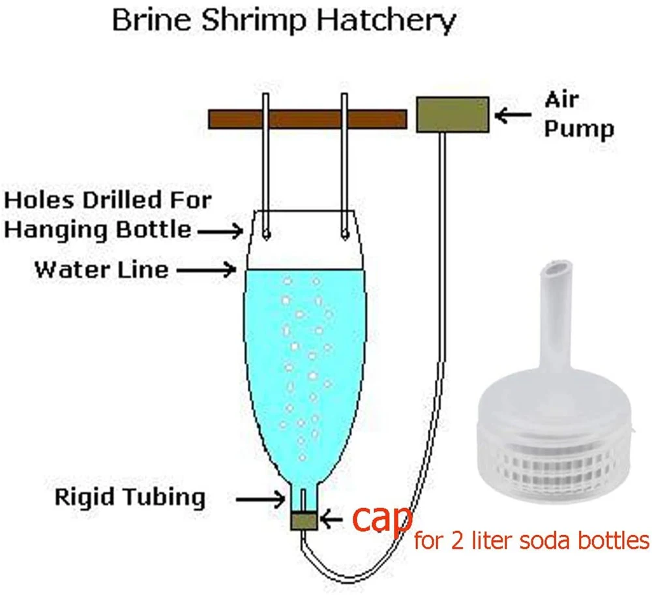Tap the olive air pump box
[452, 114]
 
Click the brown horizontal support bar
[306, 119]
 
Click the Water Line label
[101, 269]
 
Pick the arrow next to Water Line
[207, 269]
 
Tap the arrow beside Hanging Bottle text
[220, 230]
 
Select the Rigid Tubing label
[130, 498]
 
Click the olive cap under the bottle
[304, 520]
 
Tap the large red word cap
[381, 519]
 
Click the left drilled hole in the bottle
[267, 234]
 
